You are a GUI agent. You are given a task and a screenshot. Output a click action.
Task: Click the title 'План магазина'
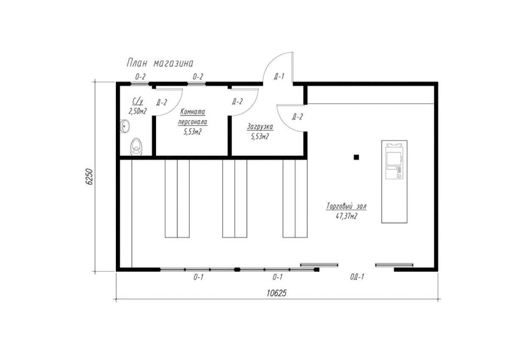tap(160, 63)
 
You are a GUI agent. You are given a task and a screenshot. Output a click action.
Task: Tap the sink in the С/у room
tap(124, 126)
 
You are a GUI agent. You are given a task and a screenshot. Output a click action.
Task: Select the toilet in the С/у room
tap(136, 147)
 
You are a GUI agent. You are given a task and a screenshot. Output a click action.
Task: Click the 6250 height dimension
tap(89, 177)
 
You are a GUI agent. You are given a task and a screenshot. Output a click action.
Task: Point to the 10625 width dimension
tap(276, 293)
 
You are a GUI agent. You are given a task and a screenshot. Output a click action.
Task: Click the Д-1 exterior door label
tap(279, 77)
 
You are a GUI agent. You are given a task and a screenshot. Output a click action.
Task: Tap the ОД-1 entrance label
tap(357, 277)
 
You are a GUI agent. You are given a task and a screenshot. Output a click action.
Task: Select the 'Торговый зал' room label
tap(346, 206)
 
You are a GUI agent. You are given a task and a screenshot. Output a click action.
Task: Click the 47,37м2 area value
tap(346, 216)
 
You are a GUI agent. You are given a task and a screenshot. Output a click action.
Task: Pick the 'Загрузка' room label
tap(260, 126)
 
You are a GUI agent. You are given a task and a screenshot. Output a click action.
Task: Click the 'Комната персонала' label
tap(192, 117)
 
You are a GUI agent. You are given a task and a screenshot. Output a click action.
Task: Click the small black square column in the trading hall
tap(356, 157)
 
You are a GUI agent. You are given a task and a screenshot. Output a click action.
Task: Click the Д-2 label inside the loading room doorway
tap(298, 117)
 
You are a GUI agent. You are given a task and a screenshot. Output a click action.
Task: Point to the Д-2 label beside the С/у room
tap(161, 102)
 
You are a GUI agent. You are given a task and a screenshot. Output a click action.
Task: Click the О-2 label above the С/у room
tap(140, 77)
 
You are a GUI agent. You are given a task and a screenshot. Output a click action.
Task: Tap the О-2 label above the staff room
tap(197, 77)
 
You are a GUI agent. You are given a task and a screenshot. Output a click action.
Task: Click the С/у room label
tap(138, 101)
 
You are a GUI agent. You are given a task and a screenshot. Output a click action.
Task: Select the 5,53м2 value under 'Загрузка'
tap(260, 136)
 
